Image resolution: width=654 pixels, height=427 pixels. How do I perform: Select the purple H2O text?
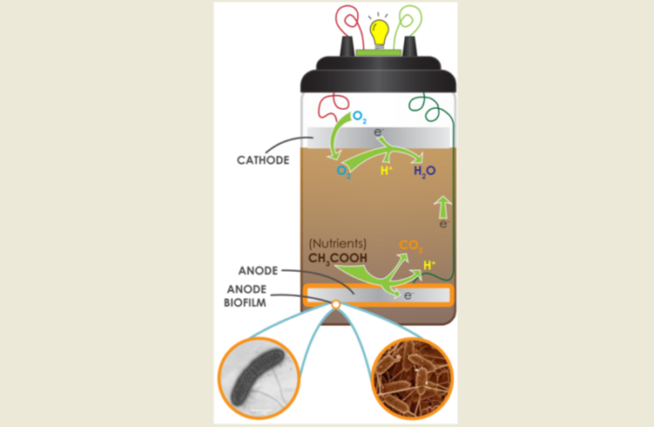pyautogui.click(x=425, y=171)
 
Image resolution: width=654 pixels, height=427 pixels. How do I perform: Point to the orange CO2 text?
pyautogui.click(x=411, y=247)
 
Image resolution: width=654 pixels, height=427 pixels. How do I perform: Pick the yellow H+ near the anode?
pyautogui.click(x=429, y=265)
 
